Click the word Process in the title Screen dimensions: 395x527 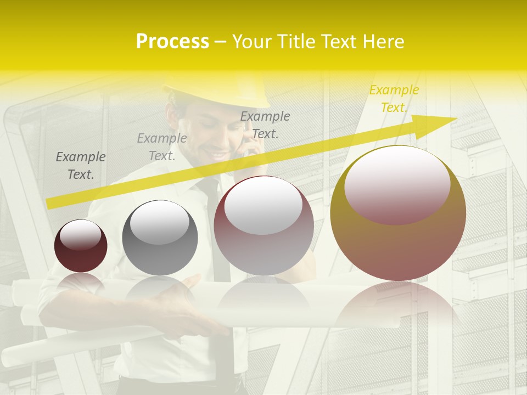(172, 41)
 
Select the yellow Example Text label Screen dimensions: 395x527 (394, 99)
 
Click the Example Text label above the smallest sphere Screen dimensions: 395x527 (81, 166)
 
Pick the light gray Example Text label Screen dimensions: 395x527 (162, 147)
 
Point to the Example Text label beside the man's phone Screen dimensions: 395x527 (265, 125)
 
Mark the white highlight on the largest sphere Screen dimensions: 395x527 (397, 187)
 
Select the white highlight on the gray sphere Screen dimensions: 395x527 (159, 222)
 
